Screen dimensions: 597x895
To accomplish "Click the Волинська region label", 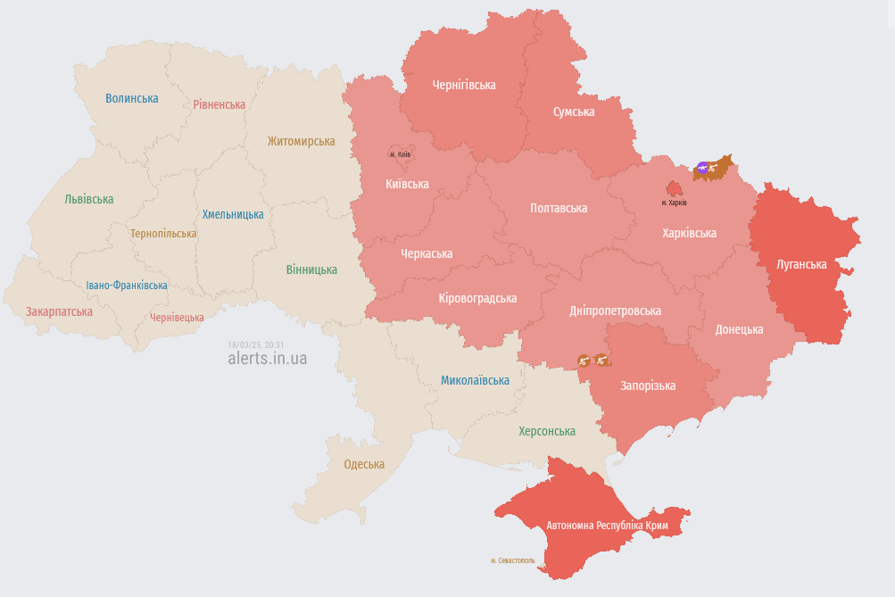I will coord(131,98).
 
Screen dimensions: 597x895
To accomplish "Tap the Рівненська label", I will coord(219,104).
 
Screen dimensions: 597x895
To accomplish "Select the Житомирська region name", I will coord(301,141).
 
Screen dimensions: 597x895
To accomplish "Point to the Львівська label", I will coord(89,199).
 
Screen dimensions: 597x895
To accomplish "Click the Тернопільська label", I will coord(163,234).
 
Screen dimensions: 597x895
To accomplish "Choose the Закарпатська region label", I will coord(59,312).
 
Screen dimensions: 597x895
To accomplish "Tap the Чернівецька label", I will coord(177,318).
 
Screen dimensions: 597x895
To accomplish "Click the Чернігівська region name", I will coord(464,85).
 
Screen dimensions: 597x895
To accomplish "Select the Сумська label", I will coord(574,112).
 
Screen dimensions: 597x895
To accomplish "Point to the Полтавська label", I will coord(559,208).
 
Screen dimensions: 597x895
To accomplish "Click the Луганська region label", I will coord(801,264).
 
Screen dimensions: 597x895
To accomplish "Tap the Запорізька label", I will coord(648,386).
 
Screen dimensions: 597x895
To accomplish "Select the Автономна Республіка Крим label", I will coord(607,526).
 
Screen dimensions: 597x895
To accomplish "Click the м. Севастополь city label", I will coord(513,560).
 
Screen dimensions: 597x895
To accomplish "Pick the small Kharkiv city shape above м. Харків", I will coord(675,188).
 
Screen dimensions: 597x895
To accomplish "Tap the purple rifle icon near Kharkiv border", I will coord(703,167).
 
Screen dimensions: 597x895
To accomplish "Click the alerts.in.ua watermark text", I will coord(268,358).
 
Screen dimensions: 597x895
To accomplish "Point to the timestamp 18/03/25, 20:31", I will coord(256,344).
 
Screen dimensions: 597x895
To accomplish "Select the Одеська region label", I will coord(364,464).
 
